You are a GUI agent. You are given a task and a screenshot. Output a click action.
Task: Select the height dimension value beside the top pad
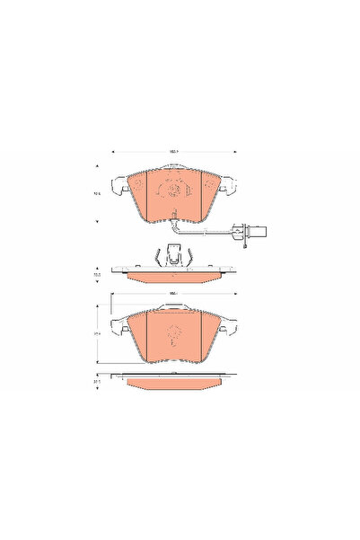point(97,191)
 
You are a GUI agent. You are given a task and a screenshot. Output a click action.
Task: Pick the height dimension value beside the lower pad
point(97,333)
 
